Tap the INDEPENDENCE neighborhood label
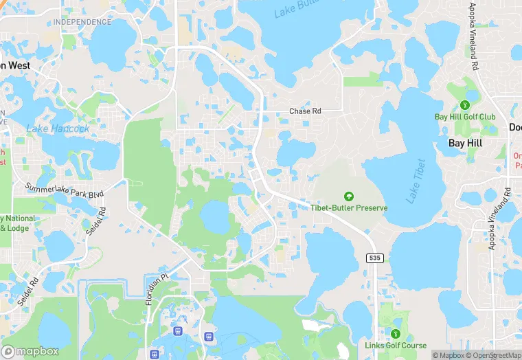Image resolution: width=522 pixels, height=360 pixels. coord(82,22)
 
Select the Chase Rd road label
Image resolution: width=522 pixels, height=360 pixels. coord(305,111)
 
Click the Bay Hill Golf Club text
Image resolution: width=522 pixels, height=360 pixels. coord(465,117)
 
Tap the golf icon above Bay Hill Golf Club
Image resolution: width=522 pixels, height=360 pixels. coord(465,105)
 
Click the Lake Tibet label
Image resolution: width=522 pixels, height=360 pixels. coord(414,181)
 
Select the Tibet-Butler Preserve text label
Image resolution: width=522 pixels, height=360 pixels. coord(349,207)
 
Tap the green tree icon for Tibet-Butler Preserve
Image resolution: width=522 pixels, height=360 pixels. coord(349,196)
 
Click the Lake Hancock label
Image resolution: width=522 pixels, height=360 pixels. coord(58,128)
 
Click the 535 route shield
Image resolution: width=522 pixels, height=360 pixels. coord(374,257)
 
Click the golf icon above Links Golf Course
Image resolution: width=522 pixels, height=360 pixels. coord(394,334)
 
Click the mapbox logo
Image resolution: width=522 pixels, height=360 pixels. coord(30,350)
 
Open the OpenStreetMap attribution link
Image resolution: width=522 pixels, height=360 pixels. coord(492,355)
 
